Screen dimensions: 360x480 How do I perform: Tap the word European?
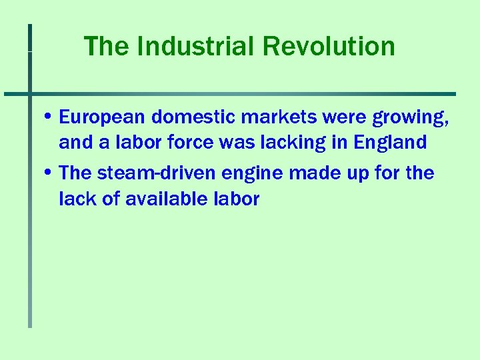[x=102, y=118]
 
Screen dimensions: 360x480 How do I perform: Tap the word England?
[x=391, y=143]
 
